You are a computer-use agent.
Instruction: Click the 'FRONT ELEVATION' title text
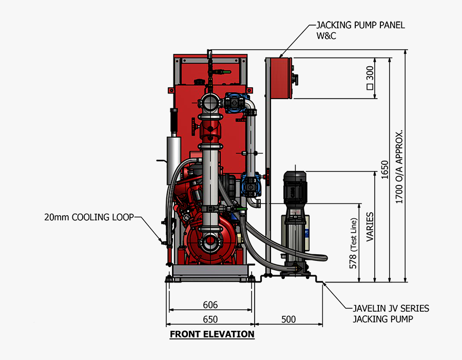[x=212, y=334]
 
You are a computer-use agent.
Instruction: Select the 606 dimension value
[x=210, y=305]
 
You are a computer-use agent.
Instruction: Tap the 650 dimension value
[x=210, y=319]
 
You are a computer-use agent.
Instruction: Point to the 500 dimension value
[x=288, y=319]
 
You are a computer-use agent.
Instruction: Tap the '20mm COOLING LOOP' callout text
[x=88, y=217]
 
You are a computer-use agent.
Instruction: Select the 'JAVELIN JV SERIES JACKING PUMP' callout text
[x=390, y=313]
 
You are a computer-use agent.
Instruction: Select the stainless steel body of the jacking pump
[x=294, y=234]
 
